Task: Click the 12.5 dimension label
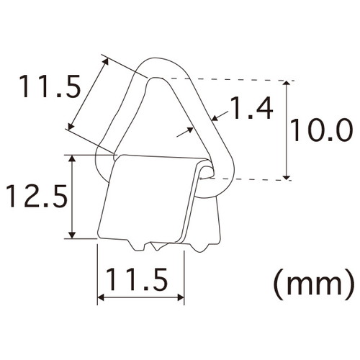point(37,196)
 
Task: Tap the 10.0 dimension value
point(322,130)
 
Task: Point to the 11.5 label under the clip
point(137,279)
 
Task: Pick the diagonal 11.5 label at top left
point(50,86)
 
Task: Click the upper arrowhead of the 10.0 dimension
point(286,84)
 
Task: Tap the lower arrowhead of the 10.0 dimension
point(286,177)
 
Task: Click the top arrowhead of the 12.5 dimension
point(72,158)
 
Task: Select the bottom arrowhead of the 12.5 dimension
point(72,235)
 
